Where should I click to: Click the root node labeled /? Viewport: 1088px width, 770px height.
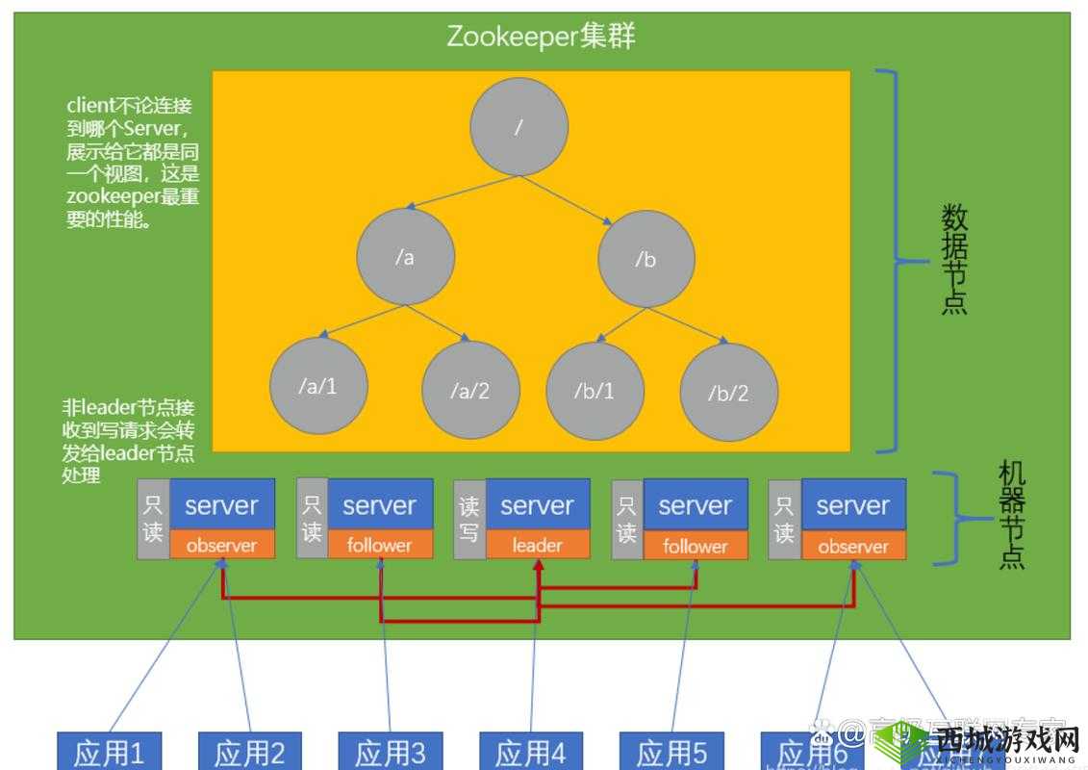(x=519, y=127)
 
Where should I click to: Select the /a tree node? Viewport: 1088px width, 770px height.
(x=404, y=257)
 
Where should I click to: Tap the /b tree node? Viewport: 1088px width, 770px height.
(x=645, y=259)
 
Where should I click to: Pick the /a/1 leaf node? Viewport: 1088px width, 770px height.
(x=318, y=386)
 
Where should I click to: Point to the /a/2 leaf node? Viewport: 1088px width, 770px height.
(x=469, y=390)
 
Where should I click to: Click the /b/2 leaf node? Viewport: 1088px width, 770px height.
(x=728, y=393)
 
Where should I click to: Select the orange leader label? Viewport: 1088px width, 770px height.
(x=537, y=545)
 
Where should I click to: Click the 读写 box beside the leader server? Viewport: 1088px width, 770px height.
(x=468, y=519)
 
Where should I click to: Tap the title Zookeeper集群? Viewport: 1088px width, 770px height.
(x=542, y=37)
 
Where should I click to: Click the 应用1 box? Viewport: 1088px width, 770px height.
(x=108, y=752)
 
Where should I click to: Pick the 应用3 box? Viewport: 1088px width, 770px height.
(x=390, y=752)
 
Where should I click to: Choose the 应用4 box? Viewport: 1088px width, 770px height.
(x=531, y=752)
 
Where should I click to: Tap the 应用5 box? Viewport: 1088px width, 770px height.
(x=671, y=752)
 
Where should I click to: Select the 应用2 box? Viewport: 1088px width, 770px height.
(x=249, y=752)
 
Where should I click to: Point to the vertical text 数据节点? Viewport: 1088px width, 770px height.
(x=953, y=260)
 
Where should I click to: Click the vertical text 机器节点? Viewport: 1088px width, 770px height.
(x=1011, y=516)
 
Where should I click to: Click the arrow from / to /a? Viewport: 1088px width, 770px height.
(x=462, y=192)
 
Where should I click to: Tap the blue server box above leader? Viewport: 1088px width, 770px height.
(x=537, y=504)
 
